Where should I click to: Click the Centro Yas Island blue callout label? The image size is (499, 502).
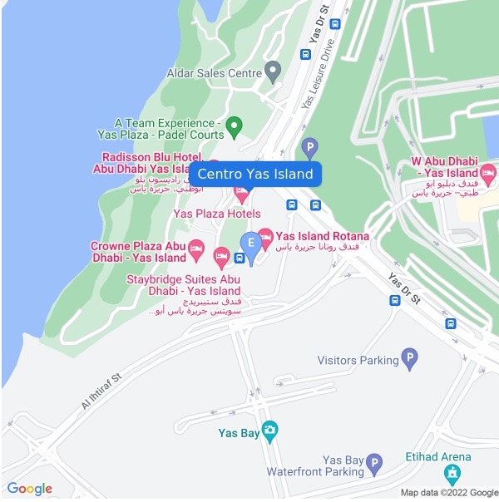click(x=255, y=174)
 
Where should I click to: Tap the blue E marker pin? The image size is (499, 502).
click(x=249, y=244)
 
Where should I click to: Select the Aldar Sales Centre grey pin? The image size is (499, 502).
click(x=272, y=71)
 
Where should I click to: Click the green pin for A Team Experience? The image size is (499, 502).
click(x=235, y=127)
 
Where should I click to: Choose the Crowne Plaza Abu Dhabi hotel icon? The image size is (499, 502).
click(x=196, y=248)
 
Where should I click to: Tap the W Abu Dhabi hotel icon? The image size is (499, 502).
click(x=488, y=174)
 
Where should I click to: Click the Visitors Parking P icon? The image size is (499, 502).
click(x=409, y=359)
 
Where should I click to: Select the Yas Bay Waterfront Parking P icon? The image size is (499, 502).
click(x=374, y=463)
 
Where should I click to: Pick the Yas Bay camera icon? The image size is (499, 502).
click(x=269, y=430)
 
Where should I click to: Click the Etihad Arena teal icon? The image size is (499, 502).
click(x=452, y=474)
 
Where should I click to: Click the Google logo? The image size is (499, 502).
click(x=29, y=489)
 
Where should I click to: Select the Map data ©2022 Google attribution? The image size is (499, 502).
click(x=449, y=493)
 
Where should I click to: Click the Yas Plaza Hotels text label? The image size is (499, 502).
click(x=216, y=214)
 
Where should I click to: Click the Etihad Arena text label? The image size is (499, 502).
click(x=450, y=456)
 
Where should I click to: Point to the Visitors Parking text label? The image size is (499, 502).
click(x=358, y=361)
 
